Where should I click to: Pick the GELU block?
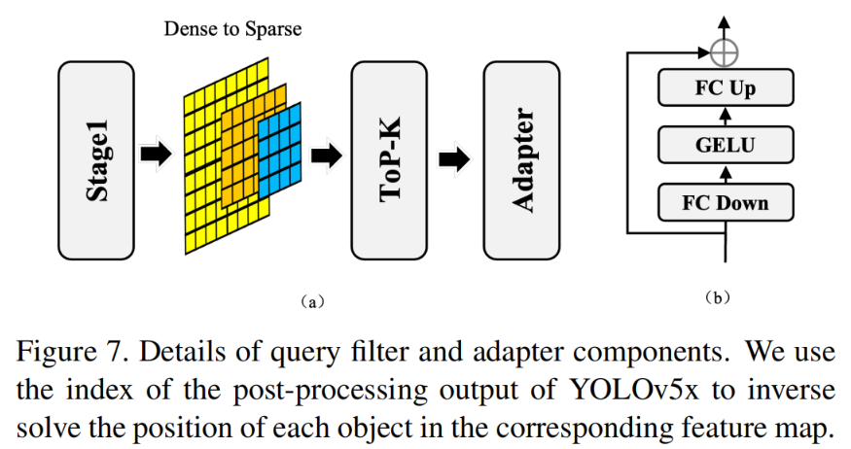726,147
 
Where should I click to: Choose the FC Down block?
726,202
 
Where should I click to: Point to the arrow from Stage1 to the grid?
156,154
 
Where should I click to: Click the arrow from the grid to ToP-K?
327,155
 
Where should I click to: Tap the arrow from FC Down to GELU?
726,175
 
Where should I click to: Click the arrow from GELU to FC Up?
726,119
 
